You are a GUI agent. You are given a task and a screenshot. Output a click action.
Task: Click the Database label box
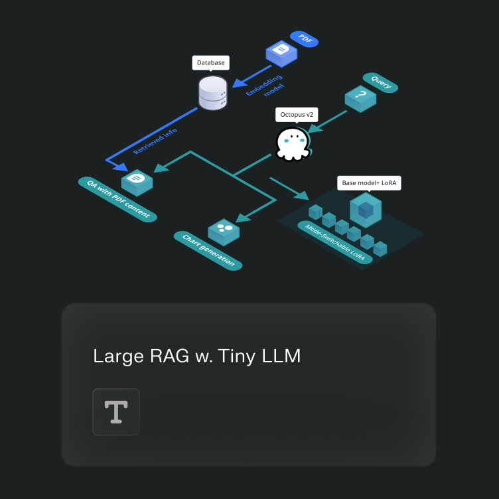211,63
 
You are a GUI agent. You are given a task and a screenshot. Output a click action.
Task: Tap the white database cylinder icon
213,93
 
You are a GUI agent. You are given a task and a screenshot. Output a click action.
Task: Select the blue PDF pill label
305,40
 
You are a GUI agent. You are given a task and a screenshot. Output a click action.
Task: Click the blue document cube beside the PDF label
281,52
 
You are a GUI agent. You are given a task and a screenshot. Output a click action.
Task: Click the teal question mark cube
360,98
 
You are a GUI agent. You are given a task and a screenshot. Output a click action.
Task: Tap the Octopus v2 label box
297,115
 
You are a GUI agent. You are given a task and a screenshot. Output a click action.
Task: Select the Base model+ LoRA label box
369,182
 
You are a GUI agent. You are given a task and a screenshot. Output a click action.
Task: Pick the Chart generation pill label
208,250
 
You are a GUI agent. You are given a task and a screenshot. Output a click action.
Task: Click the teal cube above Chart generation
224,232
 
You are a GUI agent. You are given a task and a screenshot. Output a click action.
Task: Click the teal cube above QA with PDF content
137,181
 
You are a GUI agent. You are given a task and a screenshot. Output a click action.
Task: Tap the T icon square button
116,412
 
